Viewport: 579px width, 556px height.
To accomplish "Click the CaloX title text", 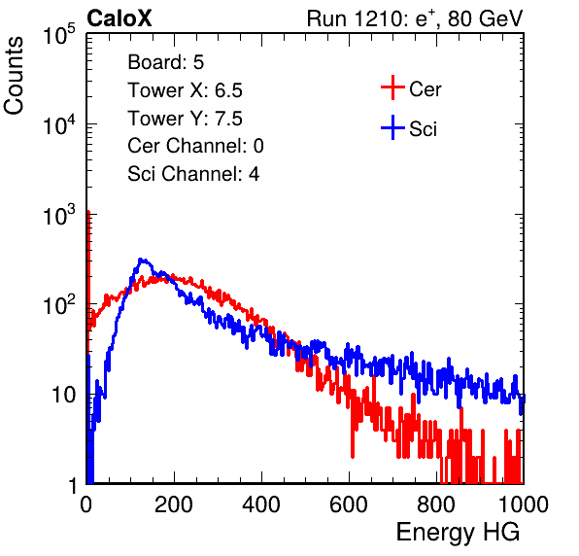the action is pyautogui.click(x=119, y=18).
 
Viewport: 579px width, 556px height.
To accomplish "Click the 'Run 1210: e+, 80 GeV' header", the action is pyautogui.click(x=415, y=18).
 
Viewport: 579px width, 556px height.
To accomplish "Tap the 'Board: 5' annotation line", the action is pyautogui.click(x=166, y=62).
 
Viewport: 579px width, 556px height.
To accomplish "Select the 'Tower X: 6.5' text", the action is pyautogui.click(x=185, y=90).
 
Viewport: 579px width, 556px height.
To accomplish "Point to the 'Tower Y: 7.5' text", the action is pyautogui.click(x=185, y=119).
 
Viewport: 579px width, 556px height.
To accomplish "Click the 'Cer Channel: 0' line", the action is pyautogui.click(x=195, y=146).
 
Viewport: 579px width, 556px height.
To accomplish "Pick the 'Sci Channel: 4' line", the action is pyautogui.click(x=193, y=174).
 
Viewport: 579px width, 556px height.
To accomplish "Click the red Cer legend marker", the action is pyautogui.click(x=392, y=87).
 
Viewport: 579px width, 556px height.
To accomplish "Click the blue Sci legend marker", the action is pyautogui.click(x=392, y=128).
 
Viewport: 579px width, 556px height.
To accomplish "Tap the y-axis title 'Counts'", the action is pyautogui.click(x=14, y=76).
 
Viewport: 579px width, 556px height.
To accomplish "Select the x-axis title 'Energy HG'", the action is pyautogui.click(x=458, y=533).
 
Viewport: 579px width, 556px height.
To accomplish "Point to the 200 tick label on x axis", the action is pyautogui.click(x=174, y=504).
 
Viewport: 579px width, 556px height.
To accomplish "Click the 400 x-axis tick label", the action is pyautogui.click(x=261, y=504).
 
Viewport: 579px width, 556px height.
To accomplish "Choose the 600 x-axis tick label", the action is pyautogui.click(x=349, y=504).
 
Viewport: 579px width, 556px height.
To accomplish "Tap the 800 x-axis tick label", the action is pyautogui.click(x=436, y=504).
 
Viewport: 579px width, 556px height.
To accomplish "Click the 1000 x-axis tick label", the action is pyautogui.click(x=524, y=504).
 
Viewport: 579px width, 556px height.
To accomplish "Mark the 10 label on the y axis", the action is pyautogui.click(x=64, y=395).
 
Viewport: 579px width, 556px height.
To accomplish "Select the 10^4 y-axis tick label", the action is pyautogui.click(x=60, y=124).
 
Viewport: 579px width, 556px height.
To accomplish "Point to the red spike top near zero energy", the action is pyautogui.click(x=88, y=212).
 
